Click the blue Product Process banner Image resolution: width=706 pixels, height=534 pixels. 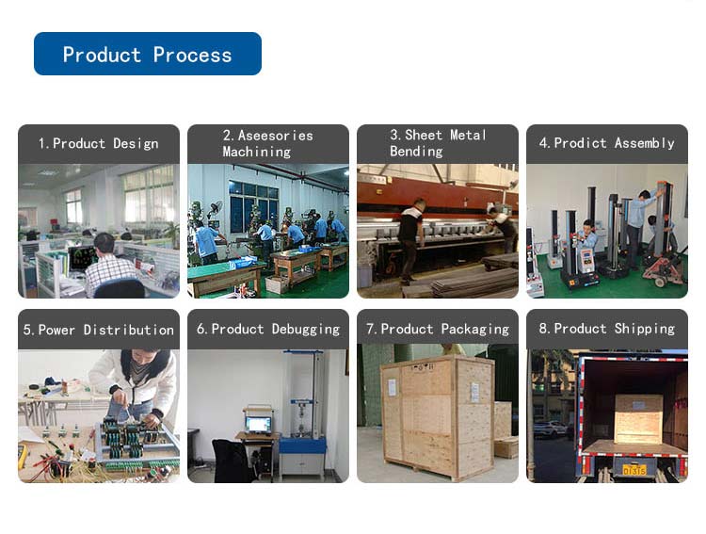coord(147,54)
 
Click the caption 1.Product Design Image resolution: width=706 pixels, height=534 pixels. coord(98,144)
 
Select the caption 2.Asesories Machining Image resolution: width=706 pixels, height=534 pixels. coord(267,143)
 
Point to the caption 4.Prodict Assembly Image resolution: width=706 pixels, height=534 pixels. coord(606,143)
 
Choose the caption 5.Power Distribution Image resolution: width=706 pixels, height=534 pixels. coord(98,330)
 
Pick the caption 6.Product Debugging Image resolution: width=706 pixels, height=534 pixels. coord(267,329)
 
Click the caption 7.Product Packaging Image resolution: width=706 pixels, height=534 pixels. coord(437,329)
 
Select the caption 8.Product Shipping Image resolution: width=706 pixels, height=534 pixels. coord(606,329)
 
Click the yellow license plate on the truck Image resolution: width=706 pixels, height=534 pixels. coord(634,468)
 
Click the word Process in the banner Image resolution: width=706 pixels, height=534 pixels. coord(192,55)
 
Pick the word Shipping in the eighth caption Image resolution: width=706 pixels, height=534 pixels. coord(645,329)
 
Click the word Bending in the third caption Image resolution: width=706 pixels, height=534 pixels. coord(416,152)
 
